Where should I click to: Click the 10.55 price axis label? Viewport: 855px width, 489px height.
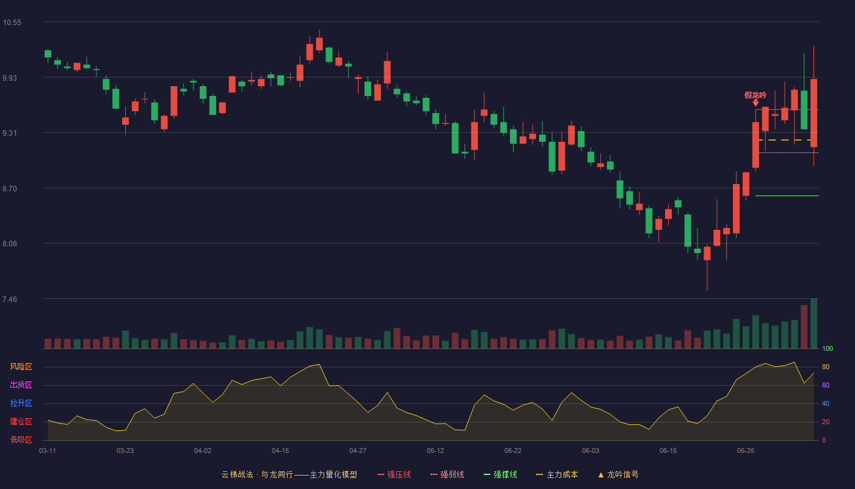[x=12, y=23]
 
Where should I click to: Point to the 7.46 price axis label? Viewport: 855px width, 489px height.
[x=10, y=299]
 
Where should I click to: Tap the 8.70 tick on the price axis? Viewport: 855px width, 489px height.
[x=10, y=189]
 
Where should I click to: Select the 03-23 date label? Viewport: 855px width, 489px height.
[x=125, y=451]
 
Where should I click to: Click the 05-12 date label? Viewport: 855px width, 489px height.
[x=435, y=451]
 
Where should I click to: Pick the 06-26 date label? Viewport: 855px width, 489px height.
[x=746, y=451]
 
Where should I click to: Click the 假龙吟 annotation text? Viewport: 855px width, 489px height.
[x=755, y=95]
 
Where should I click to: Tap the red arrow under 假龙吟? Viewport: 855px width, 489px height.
[x=756, y=103]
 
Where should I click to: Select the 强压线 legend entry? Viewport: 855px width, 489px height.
[x=395, y=474]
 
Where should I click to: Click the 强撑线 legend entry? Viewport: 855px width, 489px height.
[x=500, y=474]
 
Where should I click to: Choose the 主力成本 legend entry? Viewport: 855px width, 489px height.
[x=557, y=474]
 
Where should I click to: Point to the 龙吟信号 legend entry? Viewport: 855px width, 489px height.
[x=618, y=474]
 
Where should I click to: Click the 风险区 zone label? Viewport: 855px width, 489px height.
[x=21, y=367]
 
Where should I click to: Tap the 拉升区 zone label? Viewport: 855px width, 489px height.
[x=21, y=403]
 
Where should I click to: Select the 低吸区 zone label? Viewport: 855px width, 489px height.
[x=21, y=440]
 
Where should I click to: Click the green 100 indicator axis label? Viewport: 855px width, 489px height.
[x=828, y=348]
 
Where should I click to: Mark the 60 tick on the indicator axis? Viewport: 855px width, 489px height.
[x=826, y=385]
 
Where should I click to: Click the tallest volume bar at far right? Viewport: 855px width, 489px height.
[x=813, y=323]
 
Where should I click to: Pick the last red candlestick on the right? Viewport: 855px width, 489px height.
[x=813, y=113]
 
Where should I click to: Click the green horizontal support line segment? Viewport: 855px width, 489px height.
[x=787, y=196]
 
